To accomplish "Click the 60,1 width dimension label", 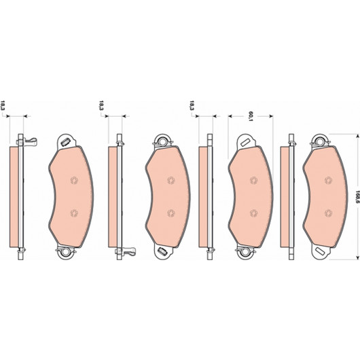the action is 251,116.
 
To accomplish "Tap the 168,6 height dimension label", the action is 357,196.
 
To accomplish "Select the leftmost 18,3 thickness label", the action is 3,105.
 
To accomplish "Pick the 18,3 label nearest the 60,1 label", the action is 192,105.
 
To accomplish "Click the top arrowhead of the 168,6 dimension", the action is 357,136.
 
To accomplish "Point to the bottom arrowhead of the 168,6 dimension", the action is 357,257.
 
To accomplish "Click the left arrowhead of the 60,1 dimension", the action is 230,116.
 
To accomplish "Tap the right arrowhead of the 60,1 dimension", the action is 271,116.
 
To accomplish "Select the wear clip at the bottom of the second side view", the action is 126,251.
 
